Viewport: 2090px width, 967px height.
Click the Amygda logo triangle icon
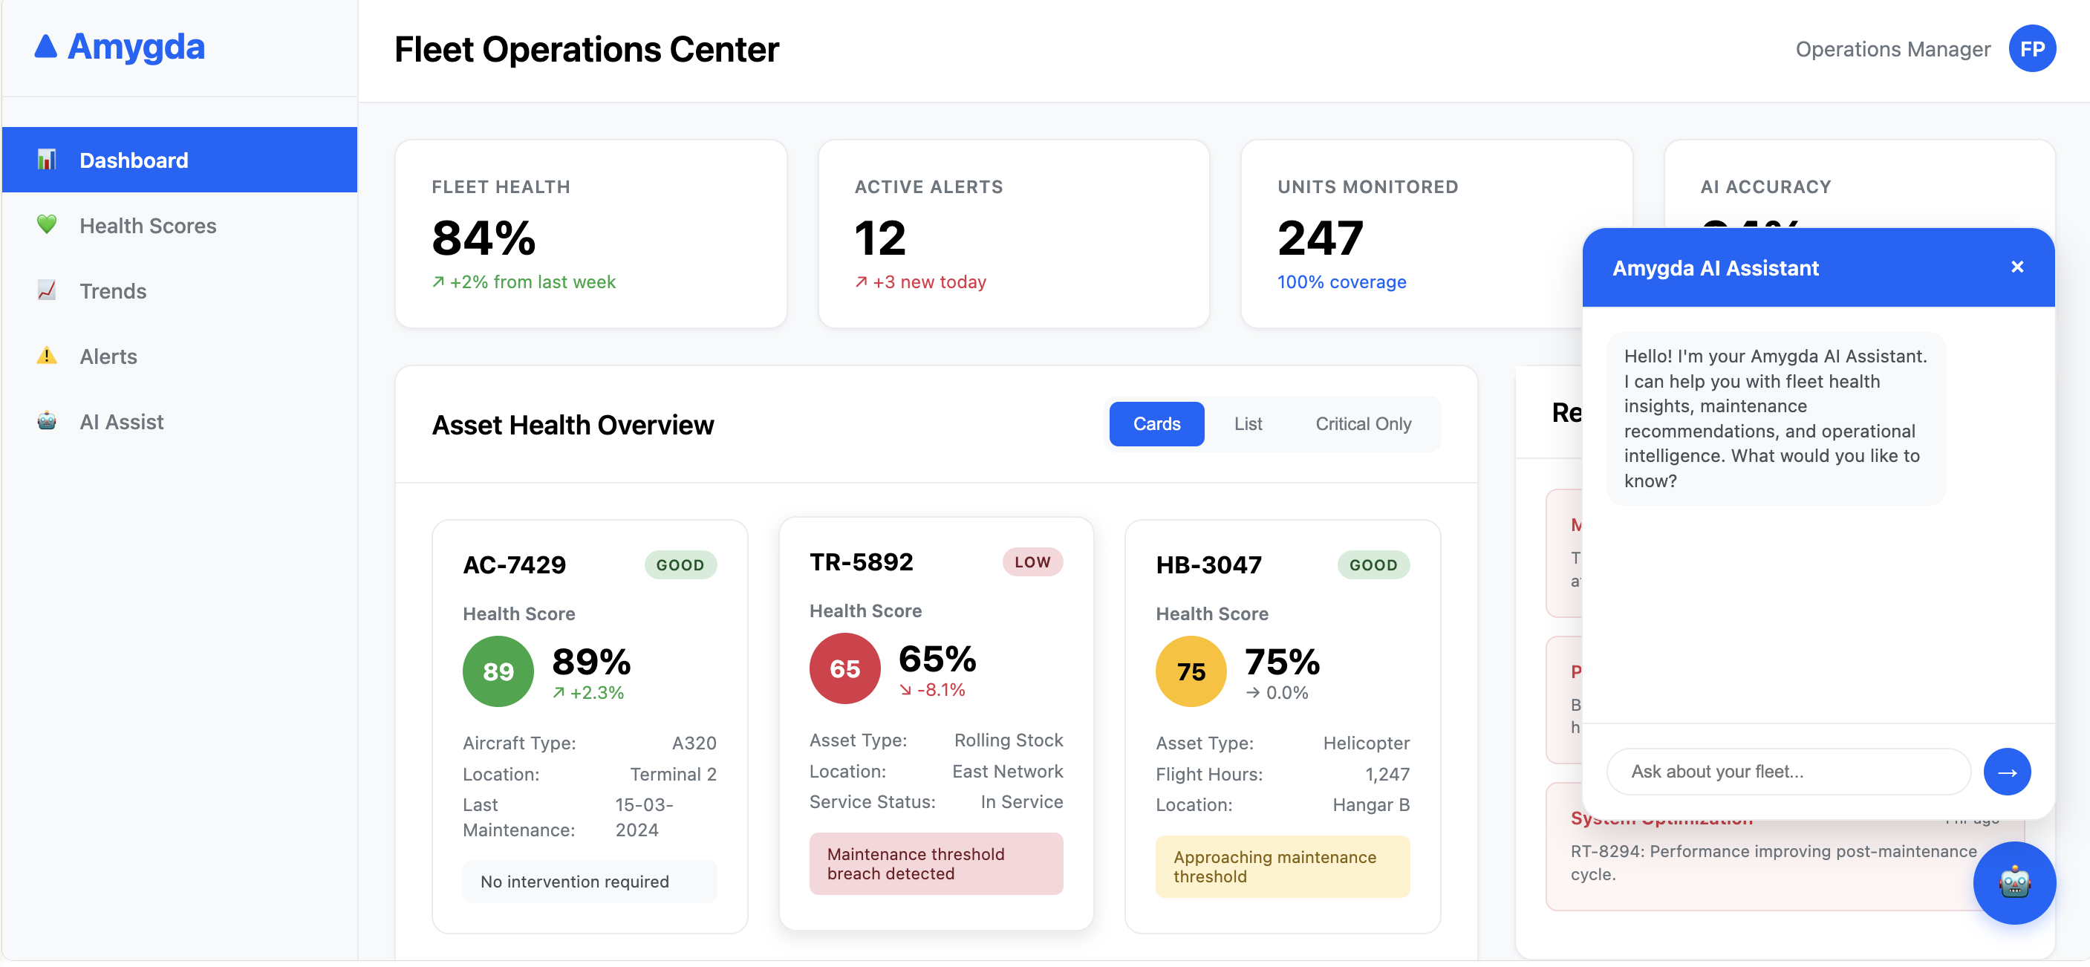(46, 47)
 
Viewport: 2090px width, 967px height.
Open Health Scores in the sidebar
(148, 226)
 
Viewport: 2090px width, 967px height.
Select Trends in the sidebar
(113, 291)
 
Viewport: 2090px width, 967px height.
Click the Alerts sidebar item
(108, 356)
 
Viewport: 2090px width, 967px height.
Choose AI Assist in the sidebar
(122, 422)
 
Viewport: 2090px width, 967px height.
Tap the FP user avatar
(2031, 50)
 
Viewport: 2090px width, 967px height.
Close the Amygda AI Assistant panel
(2017, 267)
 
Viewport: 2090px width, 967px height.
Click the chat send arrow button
(2006, 772)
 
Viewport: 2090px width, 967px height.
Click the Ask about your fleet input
(1788, 772)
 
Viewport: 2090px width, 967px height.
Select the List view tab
(1248, 423)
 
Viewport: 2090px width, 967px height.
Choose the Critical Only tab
(1363, 423)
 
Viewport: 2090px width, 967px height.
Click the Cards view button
(1156, 423)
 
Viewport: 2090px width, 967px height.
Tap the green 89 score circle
(498, 671)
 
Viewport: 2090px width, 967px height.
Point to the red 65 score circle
(844, 668)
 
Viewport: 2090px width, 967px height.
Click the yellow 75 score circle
(1191, 671)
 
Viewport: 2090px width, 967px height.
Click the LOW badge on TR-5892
(1032, 561)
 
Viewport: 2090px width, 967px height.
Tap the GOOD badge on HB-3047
(1373, 564)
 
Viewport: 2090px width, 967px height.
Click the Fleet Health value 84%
(484, 238)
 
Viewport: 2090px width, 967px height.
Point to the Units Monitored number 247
(1320, 238)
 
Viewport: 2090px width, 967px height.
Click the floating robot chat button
(2014, 882)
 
